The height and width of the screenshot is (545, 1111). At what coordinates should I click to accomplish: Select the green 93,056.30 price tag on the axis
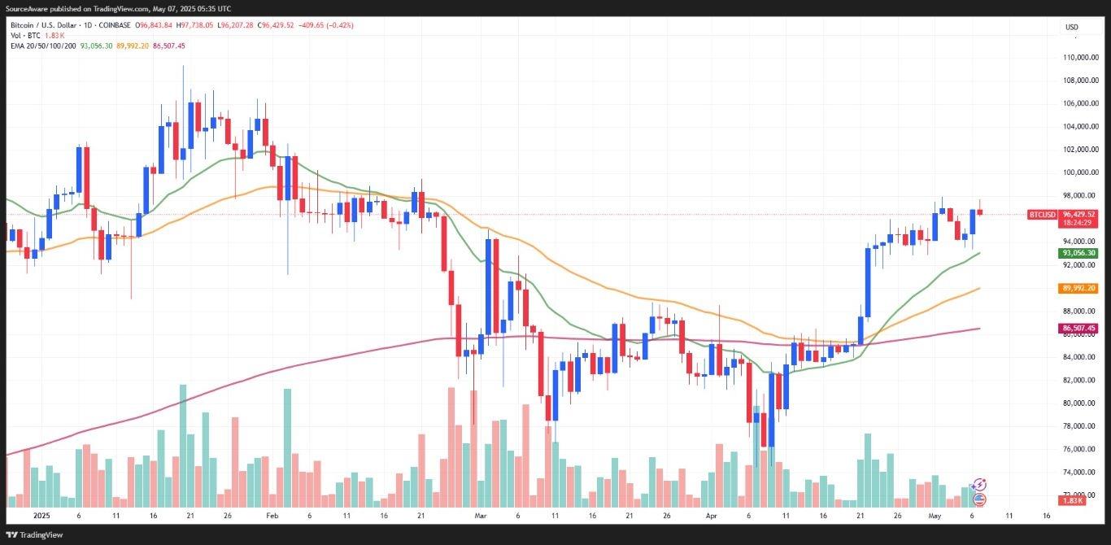click(1078, 253)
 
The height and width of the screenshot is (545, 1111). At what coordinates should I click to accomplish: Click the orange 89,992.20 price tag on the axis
click(1078, 288)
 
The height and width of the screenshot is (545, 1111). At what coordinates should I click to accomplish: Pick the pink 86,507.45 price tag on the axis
click(1078, 328)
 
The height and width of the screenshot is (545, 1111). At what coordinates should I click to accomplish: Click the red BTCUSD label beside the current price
click(1042, 215)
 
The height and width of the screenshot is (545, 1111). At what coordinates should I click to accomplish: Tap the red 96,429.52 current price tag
click(1078, 215)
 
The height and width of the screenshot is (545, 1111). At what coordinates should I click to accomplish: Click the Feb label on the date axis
click(272, 516)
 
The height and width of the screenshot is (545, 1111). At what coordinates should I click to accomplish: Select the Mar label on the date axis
click(481, 516)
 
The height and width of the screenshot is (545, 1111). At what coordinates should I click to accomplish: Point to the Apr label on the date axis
click(712, 516)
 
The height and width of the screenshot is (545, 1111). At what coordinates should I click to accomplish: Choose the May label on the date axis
click(935, 516)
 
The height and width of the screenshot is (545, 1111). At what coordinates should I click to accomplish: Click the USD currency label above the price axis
click(1072, 28)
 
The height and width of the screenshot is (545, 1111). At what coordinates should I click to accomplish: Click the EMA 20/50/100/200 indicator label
click(42, 46)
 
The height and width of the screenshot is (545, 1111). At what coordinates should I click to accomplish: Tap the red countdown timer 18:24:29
click(1078, 223)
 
